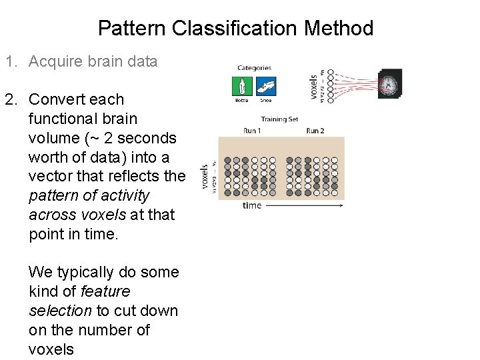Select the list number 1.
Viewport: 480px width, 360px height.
(x=11, y=62)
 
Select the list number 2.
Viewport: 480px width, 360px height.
(x=11, y=99)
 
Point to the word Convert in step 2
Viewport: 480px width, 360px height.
(x=57, y=99)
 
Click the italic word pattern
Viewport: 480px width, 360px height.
(x=51, y=196)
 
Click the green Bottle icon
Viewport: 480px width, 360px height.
(x=241, y=87)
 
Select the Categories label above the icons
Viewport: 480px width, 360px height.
(x=254, y=67)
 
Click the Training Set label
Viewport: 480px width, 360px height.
(x=279, y=119)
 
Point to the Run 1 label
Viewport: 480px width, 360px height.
(x=252, y=130)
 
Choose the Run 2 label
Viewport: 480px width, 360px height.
(x=315, y=130)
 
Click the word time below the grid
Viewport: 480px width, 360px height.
(x=252, y=205)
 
